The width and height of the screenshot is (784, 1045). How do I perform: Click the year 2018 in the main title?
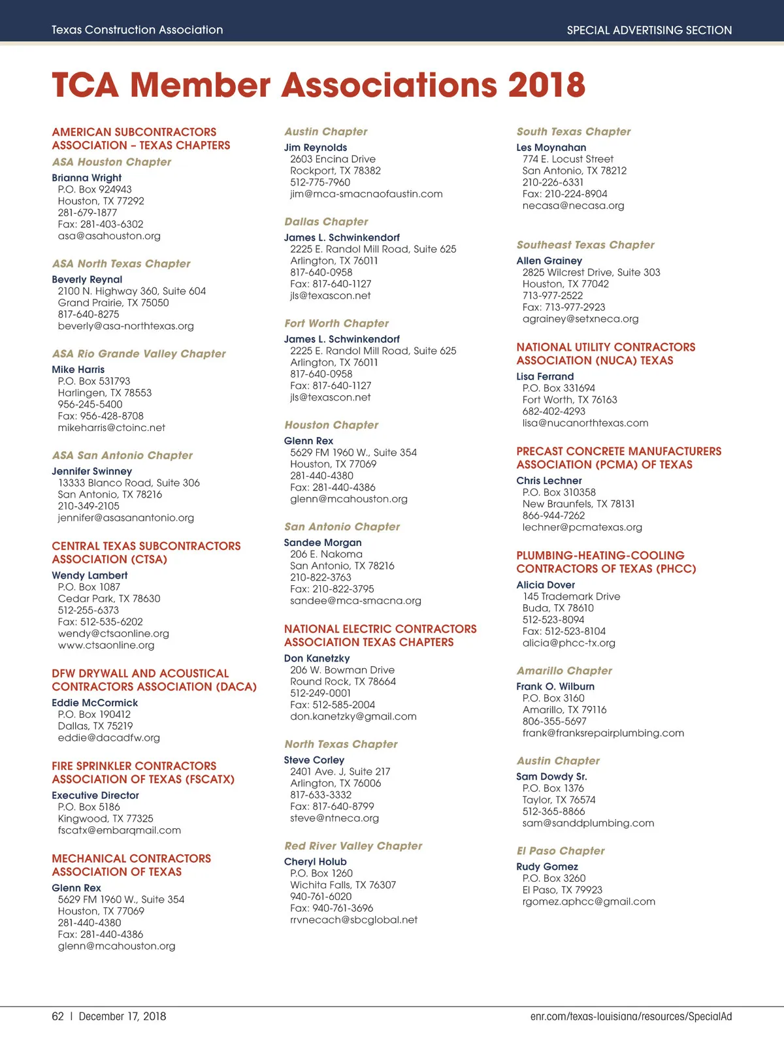[546, 85]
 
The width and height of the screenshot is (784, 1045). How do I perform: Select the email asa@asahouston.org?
[109, 236]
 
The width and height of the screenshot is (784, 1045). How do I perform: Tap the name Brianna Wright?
[87, 178]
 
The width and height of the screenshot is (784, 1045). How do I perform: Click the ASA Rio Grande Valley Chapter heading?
[139, 353]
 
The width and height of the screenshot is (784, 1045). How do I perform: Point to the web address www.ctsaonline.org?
[106, 645]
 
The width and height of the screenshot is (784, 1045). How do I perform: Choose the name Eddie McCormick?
[95, 703]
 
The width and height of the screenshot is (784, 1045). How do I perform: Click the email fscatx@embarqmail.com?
[119, 830]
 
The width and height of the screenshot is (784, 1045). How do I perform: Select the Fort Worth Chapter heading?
[336, 323]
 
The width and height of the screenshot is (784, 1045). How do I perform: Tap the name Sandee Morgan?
[323, 543]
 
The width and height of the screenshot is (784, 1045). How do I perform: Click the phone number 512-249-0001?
[320, 693]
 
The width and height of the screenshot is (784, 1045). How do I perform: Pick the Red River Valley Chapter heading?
[353, 846]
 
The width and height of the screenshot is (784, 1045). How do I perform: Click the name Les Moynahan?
[551, 148]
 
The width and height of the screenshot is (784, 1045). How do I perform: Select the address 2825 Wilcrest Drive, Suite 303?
[591, 272]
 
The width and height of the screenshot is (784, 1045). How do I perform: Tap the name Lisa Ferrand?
[545, 377]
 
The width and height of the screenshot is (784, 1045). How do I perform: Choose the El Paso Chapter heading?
[561, 851]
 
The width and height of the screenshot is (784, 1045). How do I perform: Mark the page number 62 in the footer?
[58, 1016]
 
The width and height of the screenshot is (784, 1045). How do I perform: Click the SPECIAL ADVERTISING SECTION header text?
[649, 30]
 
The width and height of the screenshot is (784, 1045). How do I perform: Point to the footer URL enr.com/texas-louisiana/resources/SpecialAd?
[631, 1016]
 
